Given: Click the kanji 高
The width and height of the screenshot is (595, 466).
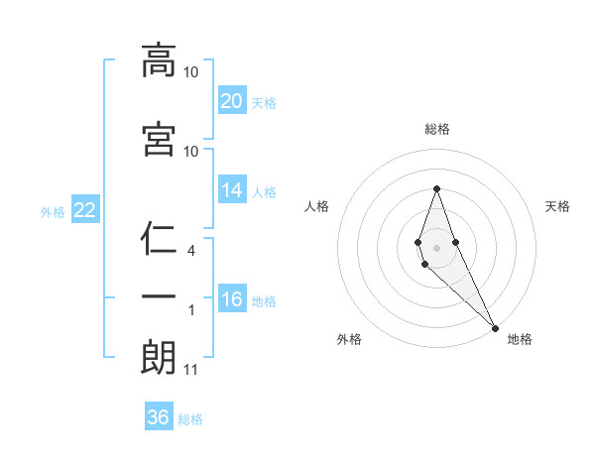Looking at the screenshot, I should click(x=159, y=60).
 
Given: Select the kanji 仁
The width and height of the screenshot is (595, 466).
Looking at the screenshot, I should click(x=159, y=239).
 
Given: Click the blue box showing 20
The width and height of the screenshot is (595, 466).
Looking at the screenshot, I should click(x=232, y=101).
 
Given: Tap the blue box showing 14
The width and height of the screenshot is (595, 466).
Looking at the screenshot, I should click(x=232, y=191).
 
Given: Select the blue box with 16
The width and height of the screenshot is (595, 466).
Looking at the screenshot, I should click(x=232, y=300).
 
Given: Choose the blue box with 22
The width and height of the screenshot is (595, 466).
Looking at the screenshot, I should click(x=84, y=211).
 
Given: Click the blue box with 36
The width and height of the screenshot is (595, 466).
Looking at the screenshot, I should click(x=158, y=417).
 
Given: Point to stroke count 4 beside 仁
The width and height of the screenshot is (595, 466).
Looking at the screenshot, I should click(x=191, y=252).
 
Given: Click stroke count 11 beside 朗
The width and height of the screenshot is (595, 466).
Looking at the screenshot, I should click(x=190, y=371).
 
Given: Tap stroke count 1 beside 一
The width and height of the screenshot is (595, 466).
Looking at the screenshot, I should click(x=191, y=310).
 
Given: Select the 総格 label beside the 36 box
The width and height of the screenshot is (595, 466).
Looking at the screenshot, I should click(x=190, y=419).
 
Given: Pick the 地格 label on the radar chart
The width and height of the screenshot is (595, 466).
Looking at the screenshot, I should click(x=520, y=339).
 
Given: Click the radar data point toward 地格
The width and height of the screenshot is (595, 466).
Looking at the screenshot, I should click(x=495, y=327).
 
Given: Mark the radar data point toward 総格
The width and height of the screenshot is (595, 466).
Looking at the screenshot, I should click(x=436, y=188).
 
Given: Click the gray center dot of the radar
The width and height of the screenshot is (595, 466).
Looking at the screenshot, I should click(x=436, y=247).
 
